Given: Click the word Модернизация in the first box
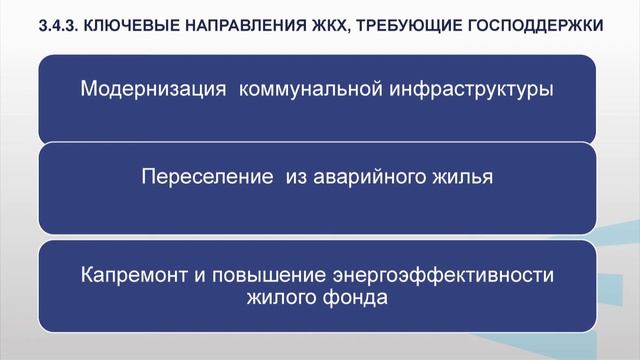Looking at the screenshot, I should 148,87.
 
